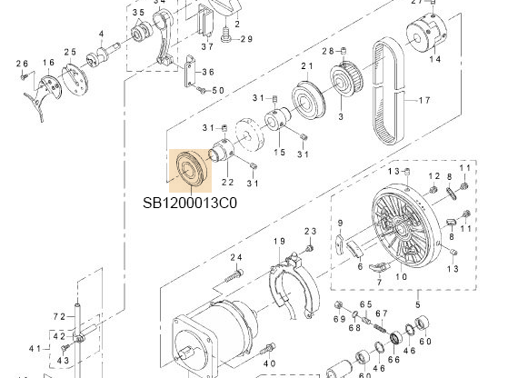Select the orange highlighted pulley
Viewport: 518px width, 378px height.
(x=191, y=169)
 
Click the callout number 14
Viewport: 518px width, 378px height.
(x=435, y=59)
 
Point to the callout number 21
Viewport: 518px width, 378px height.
(x=307, y=66)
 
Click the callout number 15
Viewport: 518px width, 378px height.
(x=280, y=152)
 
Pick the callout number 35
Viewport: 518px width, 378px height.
(x=138, y=12)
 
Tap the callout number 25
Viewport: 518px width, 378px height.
(x=70, y=52)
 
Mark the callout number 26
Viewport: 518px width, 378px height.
(x=24, y=63)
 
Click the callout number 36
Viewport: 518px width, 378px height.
(x=208, y=72)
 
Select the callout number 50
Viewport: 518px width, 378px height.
(x=217, y=90)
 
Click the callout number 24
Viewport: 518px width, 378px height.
(x=236, y=258)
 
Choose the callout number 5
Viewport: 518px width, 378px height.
(x=418, y=303)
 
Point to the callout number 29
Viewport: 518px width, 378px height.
(x=246, y=38)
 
